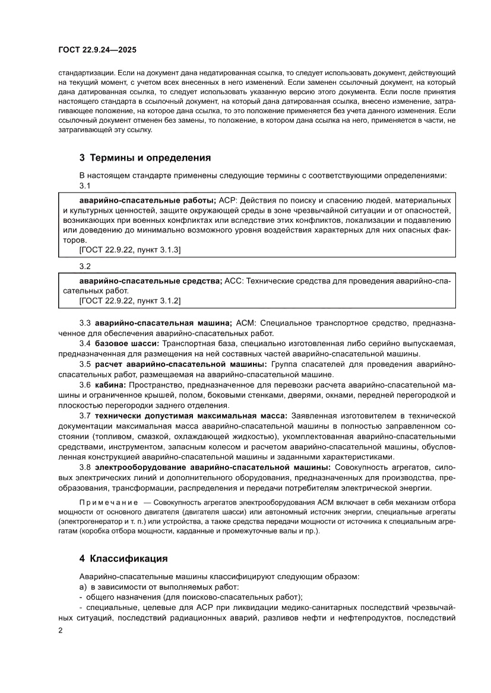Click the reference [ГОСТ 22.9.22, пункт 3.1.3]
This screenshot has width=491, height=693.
click(130, 250)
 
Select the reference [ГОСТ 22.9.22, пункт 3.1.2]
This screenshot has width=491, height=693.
click(130, 301)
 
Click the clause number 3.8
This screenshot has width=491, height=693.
click(85, 467)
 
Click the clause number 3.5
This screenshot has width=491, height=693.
click(85, 364)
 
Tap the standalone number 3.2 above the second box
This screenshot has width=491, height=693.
click(85, 267)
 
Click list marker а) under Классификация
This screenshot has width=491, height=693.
click(83, 586)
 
